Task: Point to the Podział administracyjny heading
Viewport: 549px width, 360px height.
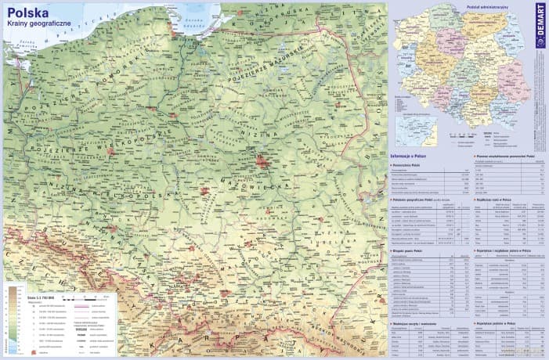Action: [x=466, y=6]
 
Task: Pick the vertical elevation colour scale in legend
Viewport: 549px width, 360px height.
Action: [x=13, y=321]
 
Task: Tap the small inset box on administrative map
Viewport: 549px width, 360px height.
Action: [x=414, y=125]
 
